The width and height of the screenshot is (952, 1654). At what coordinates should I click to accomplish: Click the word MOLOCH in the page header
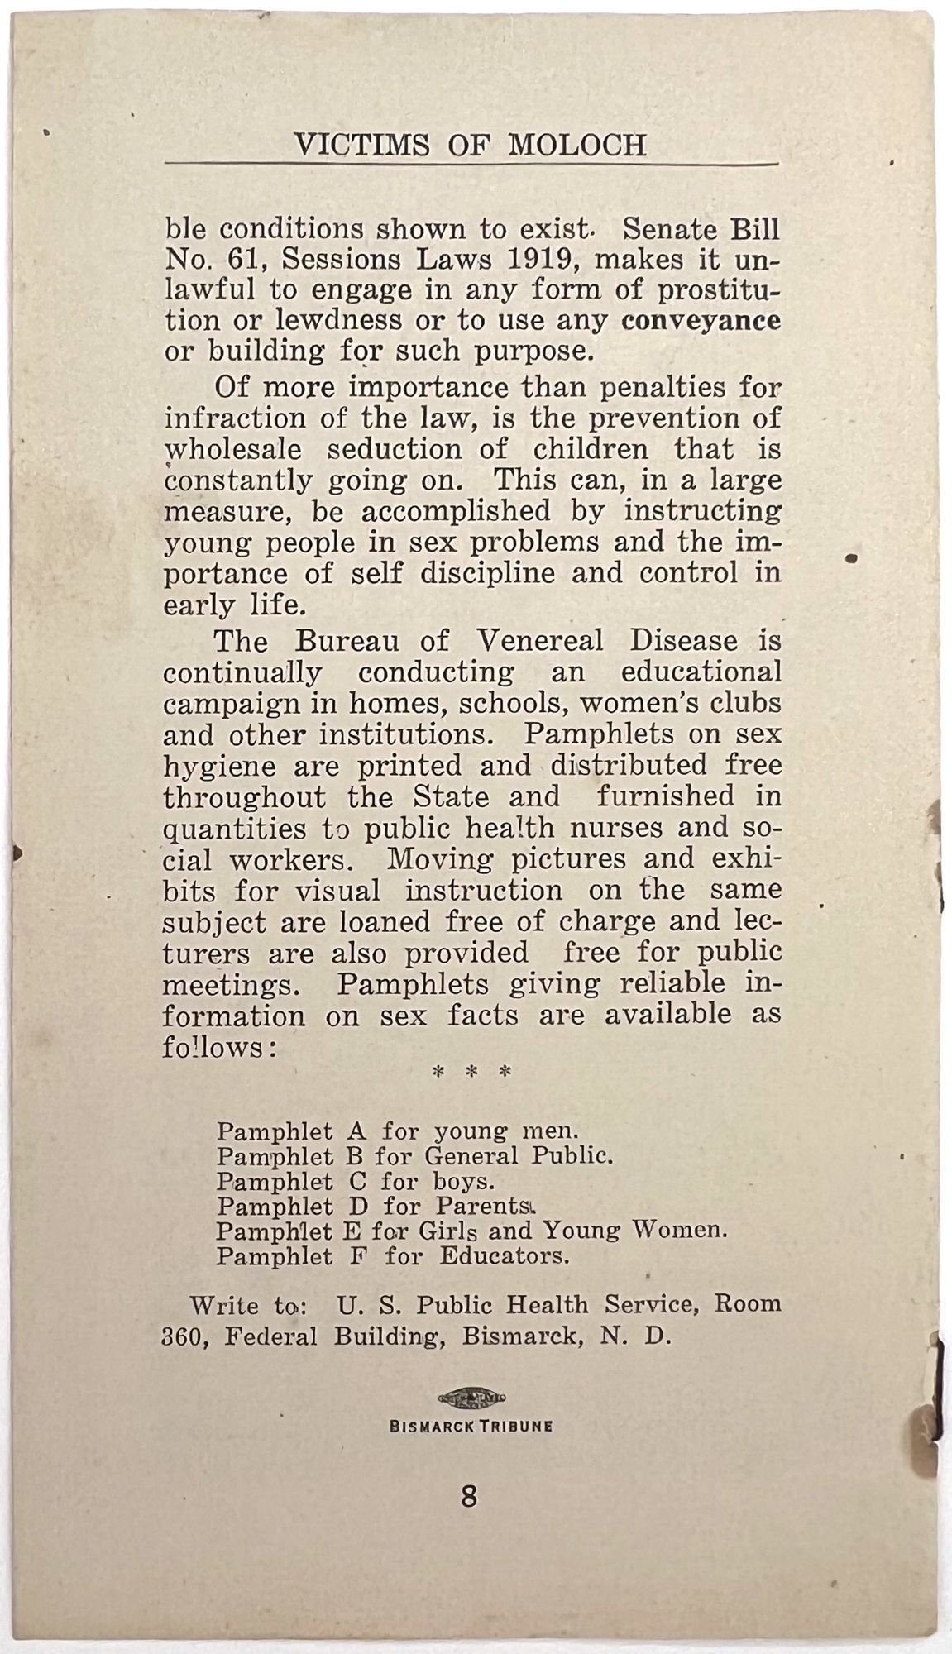point(576,146)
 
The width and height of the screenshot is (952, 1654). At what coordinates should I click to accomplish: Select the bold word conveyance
point(701,321)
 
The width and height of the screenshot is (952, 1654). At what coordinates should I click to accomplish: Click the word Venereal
point(540,641)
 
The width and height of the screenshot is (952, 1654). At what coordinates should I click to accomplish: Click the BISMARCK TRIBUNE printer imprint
point(471,1426)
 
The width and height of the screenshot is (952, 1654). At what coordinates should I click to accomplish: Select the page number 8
point(469,1496)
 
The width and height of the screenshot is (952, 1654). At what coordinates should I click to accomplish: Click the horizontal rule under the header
point(471,165)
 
